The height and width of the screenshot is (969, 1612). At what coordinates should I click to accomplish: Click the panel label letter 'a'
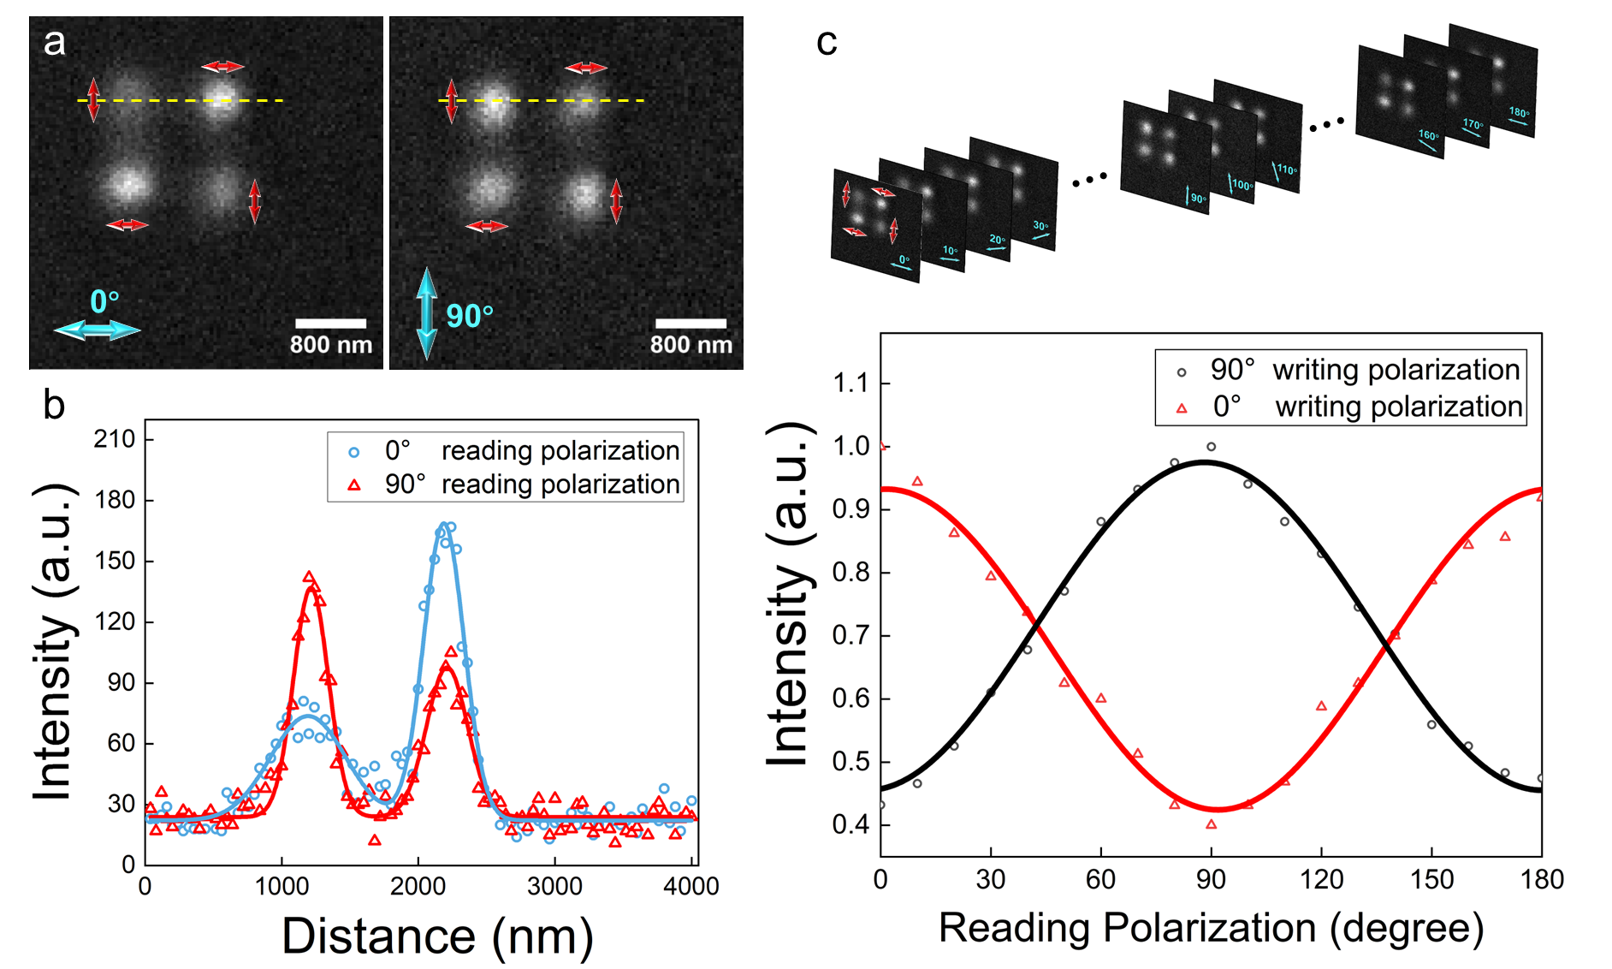coord(54,42)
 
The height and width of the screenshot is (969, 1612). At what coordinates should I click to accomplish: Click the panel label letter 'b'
coord(54,404)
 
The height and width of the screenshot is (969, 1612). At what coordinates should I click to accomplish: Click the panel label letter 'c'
coord(827,42)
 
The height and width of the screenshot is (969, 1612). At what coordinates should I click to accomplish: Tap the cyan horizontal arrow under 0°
coord(97,330)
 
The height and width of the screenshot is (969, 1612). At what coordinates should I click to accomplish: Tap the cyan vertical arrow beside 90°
coord(426,313)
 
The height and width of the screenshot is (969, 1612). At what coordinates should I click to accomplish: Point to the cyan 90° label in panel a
coord(470,316)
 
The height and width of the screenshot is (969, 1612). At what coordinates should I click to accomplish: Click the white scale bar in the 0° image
coord(330,324)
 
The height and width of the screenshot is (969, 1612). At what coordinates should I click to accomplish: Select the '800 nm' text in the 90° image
coord(691,345)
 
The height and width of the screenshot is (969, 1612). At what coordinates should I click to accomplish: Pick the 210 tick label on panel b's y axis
coord(115,439)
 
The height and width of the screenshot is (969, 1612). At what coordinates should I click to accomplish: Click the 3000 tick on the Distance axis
coord(554,886)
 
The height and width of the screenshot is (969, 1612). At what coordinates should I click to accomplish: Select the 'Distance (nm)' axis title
coord(437,936)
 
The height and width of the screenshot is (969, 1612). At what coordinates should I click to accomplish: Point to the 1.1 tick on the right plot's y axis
coord(850,383)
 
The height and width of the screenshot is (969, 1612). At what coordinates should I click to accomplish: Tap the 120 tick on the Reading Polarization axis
coord(1321,879)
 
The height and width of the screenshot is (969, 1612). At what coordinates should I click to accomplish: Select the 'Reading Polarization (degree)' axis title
coord(1211,928)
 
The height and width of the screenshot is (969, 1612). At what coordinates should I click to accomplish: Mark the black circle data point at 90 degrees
coord(1211,447)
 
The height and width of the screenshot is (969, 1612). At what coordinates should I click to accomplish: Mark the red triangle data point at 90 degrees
coord(1211,824)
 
